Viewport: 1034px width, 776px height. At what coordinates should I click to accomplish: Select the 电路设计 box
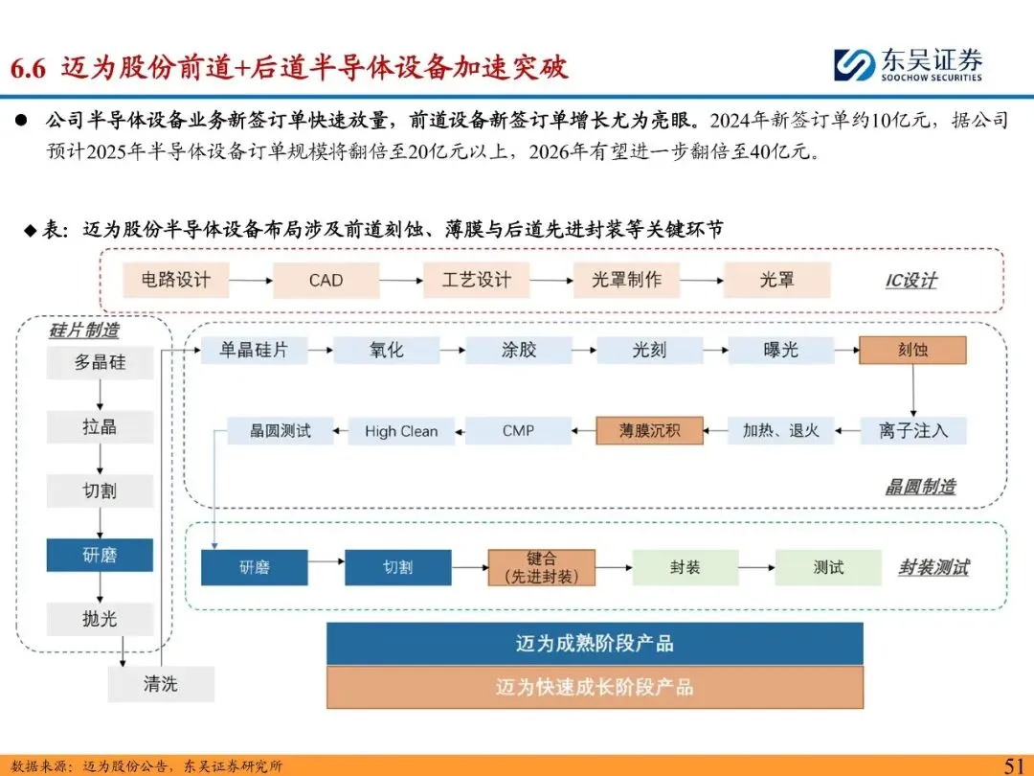click(x=175, y=281)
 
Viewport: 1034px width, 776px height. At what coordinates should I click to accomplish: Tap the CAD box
click(x=326, y=281)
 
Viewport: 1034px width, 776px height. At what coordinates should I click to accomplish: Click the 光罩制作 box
click(x=626, y=281)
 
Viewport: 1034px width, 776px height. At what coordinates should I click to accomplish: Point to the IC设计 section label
click(x=910, y=282)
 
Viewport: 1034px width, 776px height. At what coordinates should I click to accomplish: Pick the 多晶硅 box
click(x=100, y=364)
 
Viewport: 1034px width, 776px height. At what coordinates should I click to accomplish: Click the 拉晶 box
click(x=100, y=427)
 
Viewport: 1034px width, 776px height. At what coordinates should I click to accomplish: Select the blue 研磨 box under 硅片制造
click(x=100, y=556)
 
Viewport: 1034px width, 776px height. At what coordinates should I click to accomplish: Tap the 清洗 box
click(x=161, y=684)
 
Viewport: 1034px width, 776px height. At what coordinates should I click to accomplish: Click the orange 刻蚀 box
click(x=912, y=351)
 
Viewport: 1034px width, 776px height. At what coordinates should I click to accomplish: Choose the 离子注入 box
click(x=912, y=431)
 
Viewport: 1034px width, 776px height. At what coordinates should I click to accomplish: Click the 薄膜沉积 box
click(x=650, y=431)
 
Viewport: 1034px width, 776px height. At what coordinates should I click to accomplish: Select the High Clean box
click(x=401, y=431)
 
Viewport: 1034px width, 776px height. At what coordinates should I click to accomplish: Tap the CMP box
click(x=518, y=431)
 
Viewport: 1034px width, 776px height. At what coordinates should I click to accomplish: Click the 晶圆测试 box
click(x=281, y=431)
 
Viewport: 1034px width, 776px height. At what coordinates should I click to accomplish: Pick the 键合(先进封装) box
click(x=541, y=568)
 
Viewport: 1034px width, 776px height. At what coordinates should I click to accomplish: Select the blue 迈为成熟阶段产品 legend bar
click(x=595, y=644)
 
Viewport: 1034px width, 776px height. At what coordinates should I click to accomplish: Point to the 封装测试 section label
click(x=933, y=568)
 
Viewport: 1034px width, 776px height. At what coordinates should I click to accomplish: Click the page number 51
click(x=1013, y=765)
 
